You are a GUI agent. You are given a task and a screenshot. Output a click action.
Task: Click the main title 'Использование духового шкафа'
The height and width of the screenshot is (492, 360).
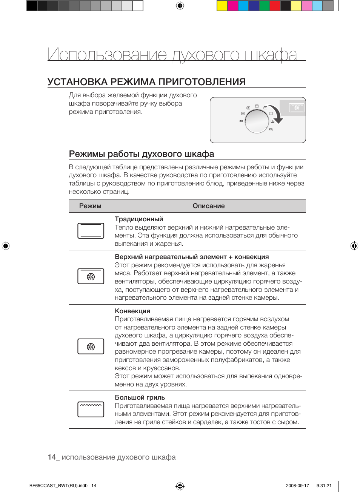coord(172,55)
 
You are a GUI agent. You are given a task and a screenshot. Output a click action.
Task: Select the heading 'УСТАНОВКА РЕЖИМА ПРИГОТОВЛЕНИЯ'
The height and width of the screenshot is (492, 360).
coord(146,82)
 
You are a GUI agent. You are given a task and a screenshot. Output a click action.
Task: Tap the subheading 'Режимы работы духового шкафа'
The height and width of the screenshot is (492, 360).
coord(142,154)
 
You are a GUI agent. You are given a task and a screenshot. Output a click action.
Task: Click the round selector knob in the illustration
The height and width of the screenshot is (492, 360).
coord(257,121)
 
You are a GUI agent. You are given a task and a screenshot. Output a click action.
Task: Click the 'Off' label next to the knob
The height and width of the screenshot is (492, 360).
coord(241,121)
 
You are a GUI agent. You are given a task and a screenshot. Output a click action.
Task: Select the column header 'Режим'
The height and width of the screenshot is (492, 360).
coord(90,206)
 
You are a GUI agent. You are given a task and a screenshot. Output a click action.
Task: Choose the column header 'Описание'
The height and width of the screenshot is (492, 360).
coord(209,206)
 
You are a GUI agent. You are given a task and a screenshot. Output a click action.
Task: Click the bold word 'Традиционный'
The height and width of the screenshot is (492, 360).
coord(139,219)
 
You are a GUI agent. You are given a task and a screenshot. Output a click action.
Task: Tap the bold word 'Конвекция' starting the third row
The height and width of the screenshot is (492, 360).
coord(132,311)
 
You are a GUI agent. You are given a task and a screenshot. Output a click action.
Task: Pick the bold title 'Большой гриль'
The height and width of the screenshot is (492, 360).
coord(140,397)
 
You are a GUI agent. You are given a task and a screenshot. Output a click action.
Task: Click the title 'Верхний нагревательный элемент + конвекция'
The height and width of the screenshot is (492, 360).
coord(192,257)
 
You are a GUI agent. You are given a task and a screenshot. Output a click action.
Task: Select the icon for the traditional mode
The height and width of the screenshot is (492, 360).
coord(91,231)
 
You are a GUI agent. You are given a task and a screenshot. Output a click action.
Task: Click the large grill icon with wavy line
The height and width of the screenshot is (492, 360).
coord(91,409)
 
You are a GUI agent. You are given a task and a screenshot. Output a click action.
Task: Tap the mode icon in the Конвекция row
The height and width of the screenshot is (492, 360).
coord(91,346)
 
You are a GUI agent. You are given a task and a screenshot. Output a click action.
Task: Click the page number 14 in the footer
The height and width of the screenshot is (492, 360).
coord(52,457)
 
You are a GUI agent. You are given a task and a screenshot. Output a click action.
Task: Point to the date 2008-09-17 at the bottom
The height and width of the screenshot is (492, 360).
coord(297,486)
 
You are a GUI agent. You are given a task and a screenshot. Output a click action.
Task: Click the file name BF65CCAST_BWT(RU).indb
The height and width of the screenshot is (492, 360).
coord(58,486)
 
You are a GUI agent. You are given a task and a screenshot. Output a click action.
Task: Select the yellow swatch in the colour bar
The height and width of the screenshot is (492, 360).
coord(222,6)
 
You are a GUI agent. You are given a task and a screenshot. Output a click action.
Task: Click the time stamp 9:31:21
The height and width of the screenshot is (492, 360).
coord(324,486)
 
